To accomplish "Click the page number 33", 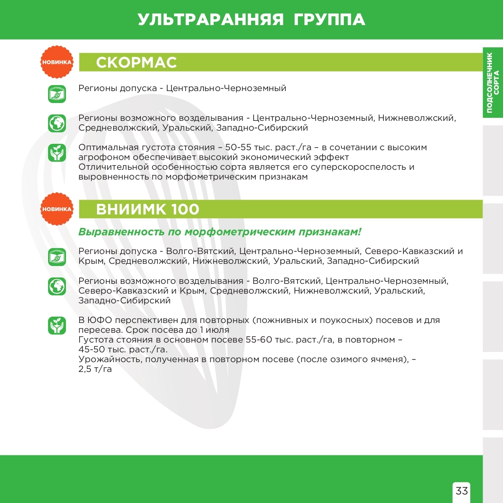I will point(462,491).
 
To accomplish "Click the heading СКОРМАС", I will point(136,63).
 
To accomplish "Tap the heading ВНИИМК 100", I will point(147,209).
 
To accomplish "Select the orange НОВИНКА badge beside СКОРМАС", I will point(57,62).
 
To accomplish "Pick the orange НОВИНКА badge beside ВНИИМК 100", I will point(57,209).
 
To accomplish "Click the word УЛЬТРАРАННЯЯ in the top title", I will point(211,20).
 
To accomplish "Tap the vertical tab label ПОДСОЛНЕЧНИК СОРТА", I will point(493,83).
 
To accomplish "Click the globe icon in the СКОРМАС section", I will point(57,123).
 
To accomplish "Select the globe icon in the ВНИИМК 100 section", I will point(57,286).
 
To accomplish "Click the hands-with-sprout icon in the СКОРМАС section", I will point(57,153).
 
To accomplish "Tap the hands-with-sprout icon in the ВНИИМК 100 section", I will point(57,326).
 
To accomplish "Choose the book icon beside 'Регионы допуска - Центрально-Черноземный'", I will point(57,94).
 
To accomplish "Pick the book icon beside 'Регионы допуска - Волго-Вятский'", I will point(57,257).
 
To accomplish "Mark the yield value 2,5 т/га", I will point(95,369).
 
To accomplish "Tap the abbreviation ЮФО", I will point(99,320).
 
